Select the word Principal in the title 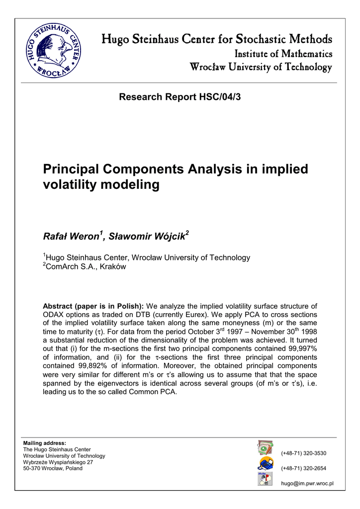(73, 169)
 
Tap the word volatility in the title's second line (71, 185)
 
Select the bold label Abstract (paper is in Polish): (93, 306)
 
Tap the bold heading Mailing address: (45, 443)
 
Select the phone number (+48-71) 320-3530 (304, 453)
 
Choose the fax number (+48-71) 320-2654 (304, 468)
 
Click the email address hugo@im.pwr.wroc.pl (307, 484)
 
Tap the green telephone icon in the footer (265, 448)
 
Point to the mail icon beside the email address (265, 479)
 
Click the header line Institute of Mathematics (283, 53)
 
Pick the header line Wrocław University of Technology (260, 67)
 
